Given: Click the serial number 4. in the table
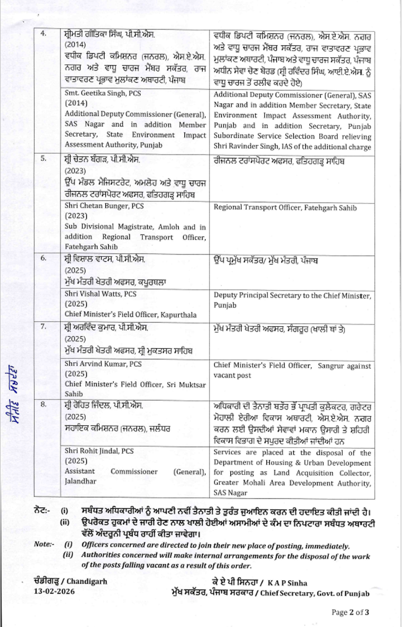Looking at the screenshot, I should pos(43,33).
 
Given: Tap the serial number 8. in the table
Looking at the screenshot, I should pos(43,404).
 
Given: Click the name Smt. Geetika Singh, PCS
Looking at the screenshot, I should pos(103,93).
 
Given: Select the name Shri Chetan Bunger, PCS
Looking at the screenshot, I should pos(104,206).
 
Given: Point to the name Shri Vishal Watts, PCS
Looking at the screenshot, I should pos(100,294).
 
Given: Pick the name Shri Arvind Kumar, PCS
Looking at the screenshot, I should pos(103,364).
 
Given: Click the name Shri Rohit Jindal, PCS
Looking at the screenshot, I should pos(99,451).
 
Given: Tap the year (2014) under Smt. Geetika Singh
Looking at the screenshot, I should pos(76,103).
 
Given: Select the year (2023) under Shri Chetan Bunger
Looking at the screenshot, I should pos(76,216).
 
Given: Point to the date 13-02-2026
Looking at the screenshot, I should pos(54,591).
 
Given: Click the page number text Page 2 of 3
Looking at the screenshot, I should pos(350,612).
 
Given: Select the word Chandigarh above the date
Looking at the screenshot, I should pos(87,581).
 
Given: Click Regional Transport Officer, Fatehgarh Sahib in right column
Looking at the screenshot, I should pos(285,208).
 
